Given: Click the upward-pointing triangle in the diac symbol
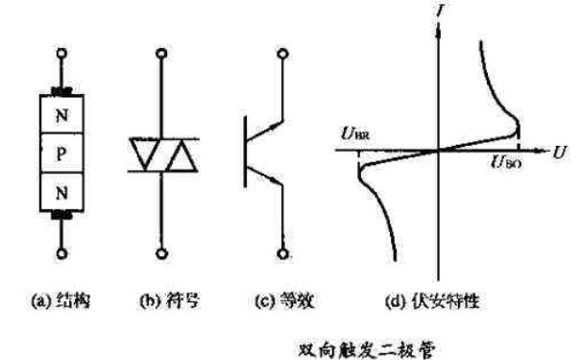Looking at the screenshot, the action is [x=179, y=156].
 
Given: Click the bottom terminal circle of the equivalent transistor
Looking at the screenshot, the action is [x=283, y=255].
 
